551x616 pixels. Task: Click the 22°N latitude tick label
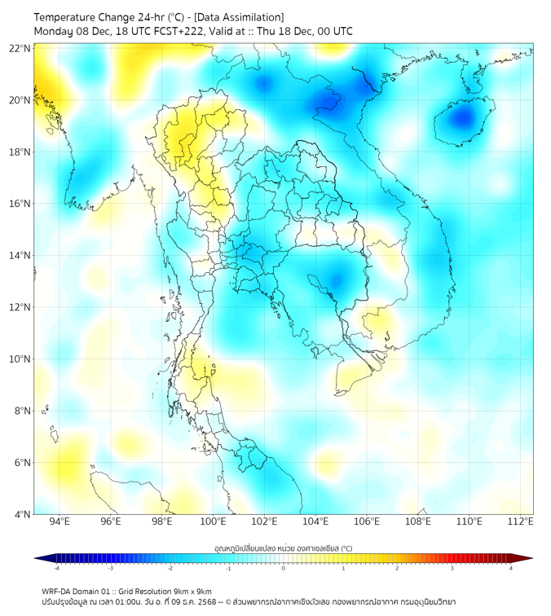(x=20, y=48)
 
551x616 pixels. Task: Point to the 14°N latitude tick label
(x=20, y=255)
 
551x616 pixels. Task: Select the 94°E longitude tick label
(x=60, y=521)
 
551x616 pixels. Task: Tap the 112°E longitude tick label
(x=521, y=521)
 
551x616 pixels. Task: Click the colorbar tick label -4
(x=55, y=568)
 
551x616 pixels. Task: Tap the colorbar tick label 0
(x=284, y=568)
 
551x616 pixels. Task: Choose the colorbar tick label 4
(x=511, y=568)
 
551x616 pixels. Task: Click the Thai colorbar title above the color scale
(x=283, y=548)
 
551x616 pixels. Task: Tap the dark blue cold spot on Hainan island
(x=463, y=118)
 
